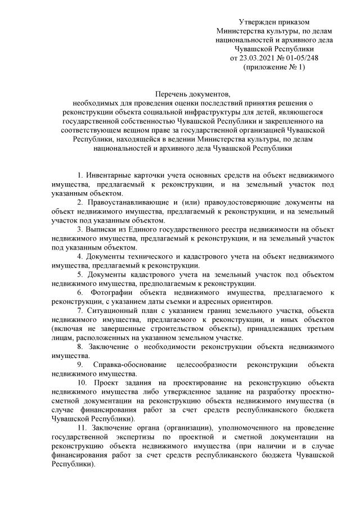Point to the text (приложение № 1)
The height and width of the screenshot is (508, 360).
(x=274, y=67)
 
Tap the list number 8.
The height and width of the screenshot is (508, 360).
(x=80, y=347)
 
